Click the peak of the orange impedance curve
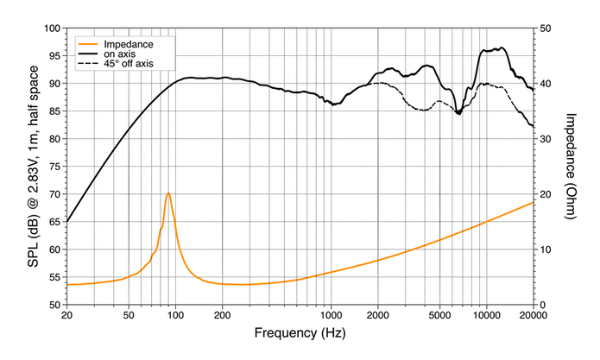click(x=168, y=193)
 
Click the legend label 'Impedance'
click(x=129, y=44)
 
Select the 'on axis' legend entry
click(x=120, y=54)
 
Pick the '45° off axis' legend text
click(x=129, y=64)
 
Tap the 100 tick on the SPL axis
click(x=53, y=28)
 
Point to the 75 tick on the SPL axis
click(x=55, y=167)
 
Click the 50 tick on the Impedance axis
click(x=545, y=28)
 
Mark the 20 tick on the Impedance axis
click(x=545, y=194)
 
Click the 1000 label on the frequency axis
click(x=331, y=315)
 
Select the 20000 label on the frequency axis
click(x=534, y=315)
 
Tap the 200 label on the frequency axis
click(x=223, y=315)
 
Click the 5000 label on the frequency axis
click(x=439, y=315)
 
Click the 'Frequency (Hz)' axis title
click(x=300, y=333)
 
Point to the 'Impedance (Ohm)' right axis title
click(x=570, y=167)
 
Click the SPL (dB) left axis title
click(x=34, y=167)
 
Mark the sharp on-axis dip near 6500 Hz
click(x=458, y=114)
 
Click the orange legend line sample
click(x=87, y=44)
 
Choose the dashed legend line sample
click(x=87, y=64)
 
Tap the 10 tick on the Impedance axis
click(x=545, y=249)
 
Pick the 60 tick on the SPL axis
click(x=55, y=249)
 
